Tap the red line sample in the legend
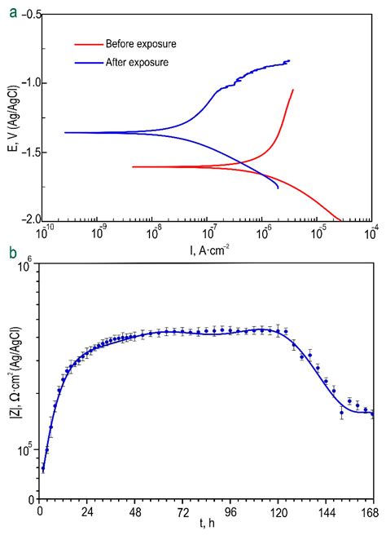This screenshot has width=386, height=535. pos(86,44)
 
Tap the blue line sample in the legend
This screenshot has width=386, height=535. pos(86,62)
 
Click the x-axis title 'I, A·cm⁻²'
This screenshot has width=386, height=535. pos(199,243)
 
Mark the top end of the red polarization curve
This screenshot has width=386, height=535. pos(293,90)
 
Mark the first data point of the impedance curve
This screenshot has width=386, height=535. pos(43,468)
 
